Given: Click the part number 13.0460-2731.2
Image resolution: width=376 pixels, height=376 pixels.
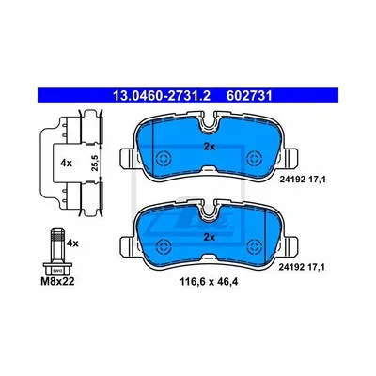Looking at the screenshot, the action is point(162,96).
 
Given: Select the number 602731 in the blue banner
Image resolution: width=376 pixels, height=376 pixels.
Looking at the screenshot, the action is point(249,96).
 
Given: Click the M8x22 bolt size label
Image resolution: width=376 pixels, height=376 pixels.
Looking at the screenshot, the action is point(57,282).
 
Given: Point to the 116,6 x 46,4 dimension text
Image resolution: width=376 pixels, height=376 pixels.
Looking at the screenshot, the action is point(209,282).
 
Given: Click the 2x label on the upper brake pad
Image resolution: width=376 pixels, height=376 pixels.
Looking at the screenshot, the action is point(210,147).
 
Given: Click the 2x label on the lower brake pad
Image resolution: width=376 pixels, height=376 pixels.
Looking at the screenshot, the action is point(210,237).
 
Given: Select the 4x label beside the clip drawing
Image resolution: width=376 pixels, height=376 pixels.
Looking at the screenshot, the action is point(66,163).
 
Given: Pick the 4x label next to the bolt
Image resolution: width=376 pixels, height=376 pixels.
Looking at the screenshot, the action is point(72,243).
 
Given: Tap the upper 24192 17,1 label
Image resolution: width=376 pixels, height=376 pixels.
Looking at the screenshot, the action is point(302,180).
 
